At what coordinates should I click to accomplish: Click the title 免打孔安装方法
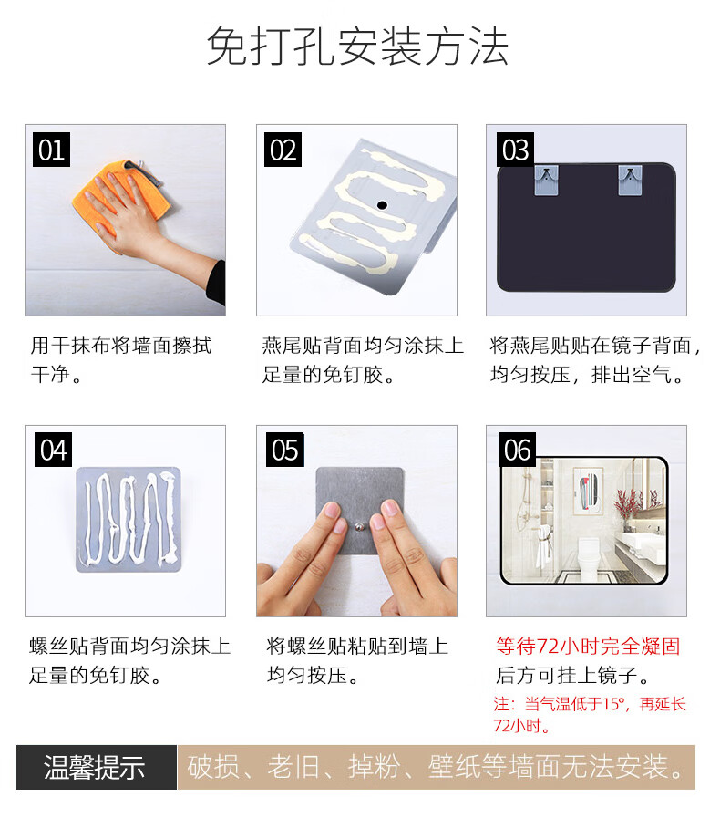pyautogui.click(x=357, y=47)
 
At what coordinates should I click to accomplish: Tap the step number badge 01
pyautogui.click(x=51, y=150)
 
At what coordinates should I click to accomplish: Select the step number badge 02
pyautogui.click(x=283, y=150)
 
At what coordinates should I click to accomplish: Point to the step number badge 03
pyautogui.click(x=515, y=150)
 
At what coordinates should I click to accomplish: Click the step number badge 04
pyautogui.click(x=53, y=450)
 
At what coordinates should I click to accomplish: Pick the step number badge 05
pyautogui.click(x=284, y=450)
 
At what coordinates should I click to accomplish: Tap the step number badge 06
pyautogui.click(x=517, y=450)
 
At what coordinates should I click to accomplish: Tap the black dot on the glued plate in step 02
pyautogui.click(x=382, y=205)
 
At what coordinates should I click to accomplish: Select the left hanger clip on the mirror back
pyautogui.click(x=546, y=180)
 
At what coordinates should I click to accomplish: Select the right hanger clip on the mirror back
pyautogui.click(x=630, y=180)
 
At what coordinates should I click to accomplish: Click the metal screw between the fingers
pyautogui.click(x=360, y=527)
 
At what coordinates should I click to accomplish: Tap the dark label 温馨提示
pyautogui.click(x=95, y=768)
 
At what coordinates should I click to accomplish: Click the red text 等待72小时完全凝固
pyautogui.click(x=588, y=646)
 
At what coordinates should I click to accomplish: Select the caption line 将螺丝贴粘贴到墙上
pyautogui.click(x=357, y=646)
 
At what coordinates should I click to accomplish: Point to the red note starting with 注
pyautogui.click(x=590, y=715)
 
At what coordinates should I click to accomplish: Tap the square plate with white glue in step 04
pyautogui.click(x=129, y=519)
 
